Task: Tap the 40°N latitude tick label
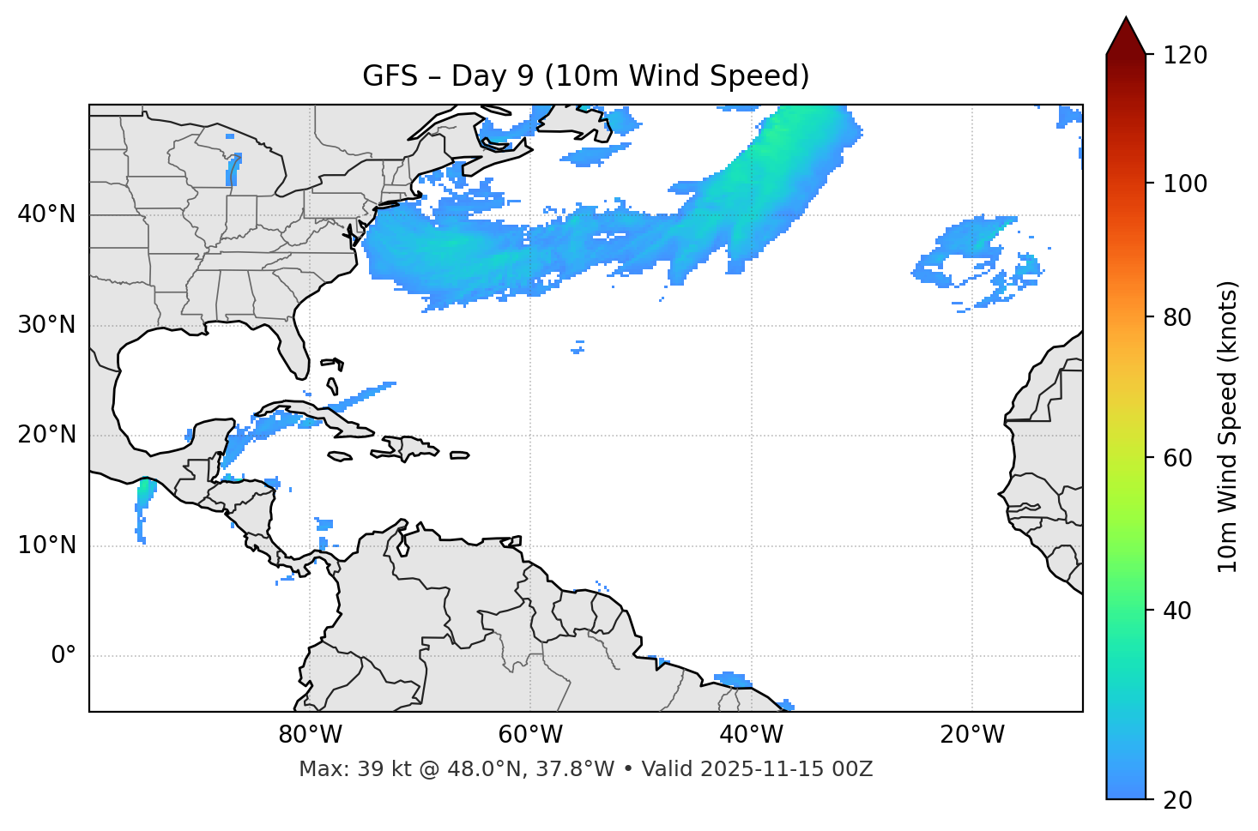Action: [x=46, y=214]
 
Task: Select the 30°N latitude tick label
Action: [x=46, y=325]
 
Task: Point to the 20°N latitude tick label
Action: [x=46, y=435]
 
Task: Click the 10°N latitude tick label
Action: [x=46, y=545]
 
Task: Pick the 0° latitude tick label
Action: [x=64, y=656]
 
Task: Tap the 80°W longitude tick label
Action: [x=310, y=735]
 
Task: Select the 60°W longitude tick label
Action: [x=529, y=735]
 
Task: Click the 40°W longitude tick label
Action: [x=751, y=735]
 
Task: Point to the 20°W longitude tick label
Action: [x=971, y=735]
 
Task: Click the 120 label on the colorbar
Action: [x=1185, y=56]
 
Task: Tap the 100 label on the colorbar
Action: [x=1185, y=184]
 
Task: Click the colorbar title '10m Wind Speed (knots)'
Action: [x=1228, y=426]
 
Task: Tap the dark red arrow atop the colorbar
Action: [x=1126, y=36]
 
